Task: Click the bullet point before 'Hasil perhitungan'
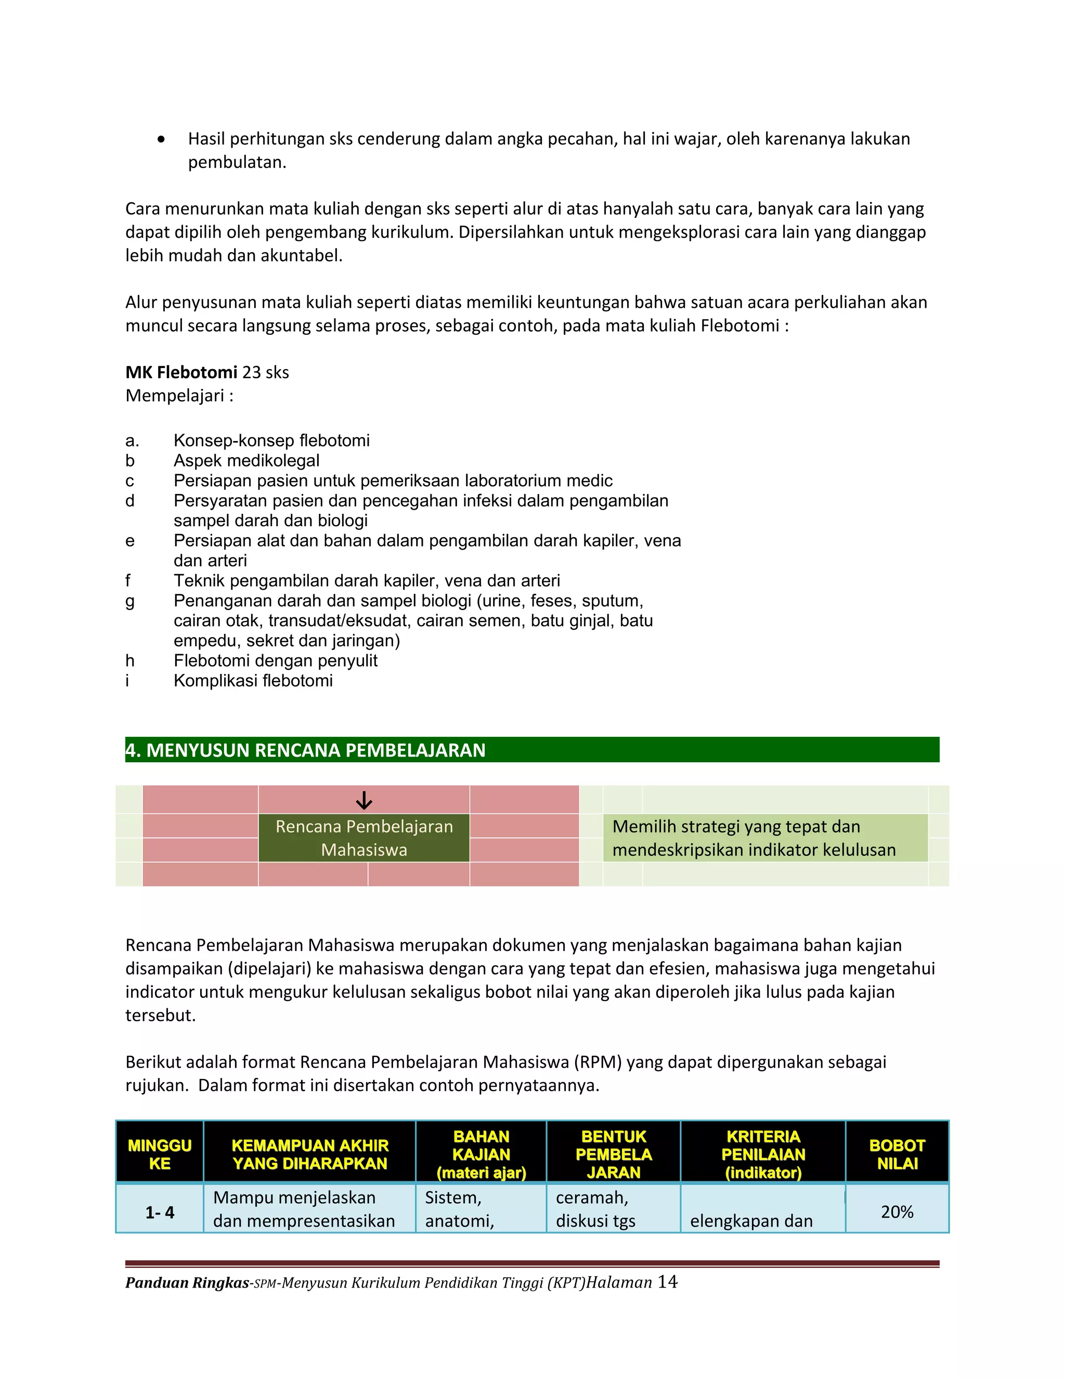162,139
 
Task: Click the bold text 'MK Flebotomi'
181,372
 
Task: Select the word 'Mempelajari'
175,396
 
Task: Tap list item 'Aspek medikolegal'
246,461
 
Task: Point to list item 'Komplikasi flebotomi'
253,681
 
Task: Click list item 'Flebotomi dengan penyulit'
275,660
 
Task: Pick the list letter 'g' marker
130,601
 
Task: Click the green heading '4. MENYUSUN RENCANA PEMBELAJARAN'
305,750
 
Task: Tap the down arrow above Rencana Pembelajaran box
364,801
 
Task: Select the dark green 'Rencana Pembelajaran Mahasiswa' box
364,838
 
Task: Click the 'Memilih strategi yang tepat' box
764,838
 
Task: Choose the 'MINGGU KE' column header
160,1154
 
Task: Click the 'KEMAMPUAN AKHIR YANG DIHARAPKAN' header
310,1154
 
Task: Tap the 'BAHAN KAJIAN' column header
481,1154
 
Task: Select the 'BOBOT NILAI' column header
897,1154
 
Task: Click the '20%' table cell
897,1212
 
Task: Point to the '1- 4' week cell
160,1212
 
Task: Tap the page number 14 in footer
668,1282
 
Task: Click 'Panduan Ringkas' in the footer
187,1283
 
